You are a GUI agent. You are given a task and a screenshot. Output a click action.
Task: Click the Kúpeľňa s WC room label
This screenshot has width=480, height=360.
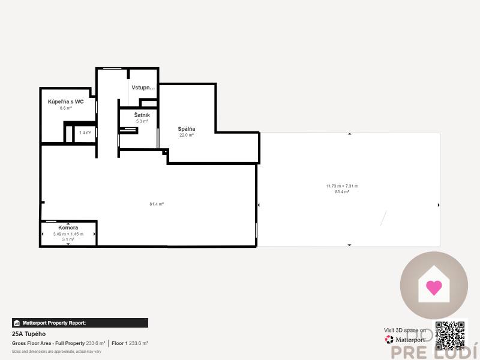coord(66,102)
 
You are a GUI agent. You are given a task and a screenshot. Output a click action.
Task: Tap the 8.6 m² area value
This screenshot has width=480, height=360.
coord(66,109)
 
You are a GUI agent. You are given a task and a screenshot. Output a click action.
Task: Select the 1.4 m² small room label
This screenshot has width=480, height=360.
coord(85,133)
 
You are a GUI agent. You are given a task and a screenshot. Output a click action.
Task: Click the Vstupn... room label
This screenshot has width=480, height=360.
coord(143,88)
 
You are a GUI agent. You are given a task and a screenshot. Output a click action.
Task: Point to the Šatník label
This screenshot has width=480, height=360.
coord(142,115)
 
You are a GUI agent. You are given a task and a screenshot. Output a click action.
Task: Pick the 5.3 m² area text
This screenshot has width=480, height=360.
coord(142,121)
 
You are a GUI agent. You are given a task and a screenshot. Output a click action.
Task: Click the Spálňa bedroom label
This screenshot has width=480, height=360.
coord(187,129)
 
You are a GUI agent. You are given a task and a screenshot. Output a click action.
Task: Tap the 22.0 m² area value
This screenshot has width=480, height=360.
coord(187,136)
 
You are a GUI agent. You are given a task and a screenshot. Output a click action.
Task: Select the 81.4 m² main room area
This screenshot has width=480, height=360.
coord(157,204)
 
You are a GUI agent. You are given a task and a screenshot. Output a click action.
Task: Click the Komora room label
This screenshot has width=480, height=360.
coord(68,228)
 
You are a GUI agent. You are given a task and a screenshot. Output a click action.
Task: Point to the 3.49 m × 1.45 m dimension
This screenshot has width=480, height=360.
coord(68,234)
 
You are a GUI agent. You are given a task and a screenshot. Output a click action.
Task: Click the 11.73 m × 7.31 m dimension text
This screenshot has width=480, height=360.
coord(342,186)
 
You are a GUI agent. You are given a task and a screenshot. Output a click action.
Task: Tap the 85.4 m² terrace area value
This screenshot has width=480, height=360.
coord(342,192)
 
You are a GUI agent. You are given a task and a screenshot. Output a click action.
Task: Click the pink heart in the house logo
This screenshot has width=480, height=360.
coord(433,287)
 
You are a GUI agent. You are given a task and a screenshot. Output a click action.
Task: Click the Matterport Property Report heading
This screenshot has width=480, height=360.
coord(54,323)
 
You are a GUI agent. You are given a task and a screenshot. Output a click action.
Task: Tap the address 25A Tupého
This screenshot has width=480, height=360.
coord(29,334)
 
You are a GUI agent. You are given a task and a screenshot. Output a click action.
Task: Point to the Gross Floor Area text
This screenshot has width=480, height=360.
coord(48,343)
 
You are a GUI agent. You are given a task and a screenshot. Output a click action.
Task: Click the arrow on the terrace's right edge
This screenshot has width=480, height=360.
coord(439,205)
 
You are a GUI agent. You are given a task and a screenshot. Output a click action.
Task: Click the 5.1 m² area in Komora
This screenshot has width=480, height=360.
coord(68,239)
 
